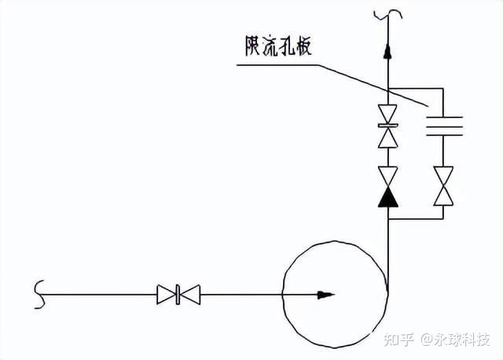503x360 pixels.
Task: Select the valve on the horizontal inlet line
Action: pyautogui.click(x=178, y=295)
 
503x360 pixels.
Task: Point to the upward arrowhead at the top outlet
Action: pyautogui.click(x=387, y=51)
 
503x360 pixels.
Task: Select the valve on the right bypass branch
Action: pyautogui.click(x=445, y=186)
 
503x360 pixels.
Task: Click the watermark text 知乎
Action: pyautogui.click(x=398, y=340)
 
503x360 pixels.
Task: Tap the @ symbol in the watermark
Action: pyautogui.click(x=426, y=340)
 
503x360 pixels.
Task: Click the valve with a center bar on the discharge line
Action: pyautogui.click(x=387, y=126)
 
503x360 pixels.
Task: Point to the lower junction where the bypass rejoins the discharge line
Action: pyautogui.click(x=387, y=222)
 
